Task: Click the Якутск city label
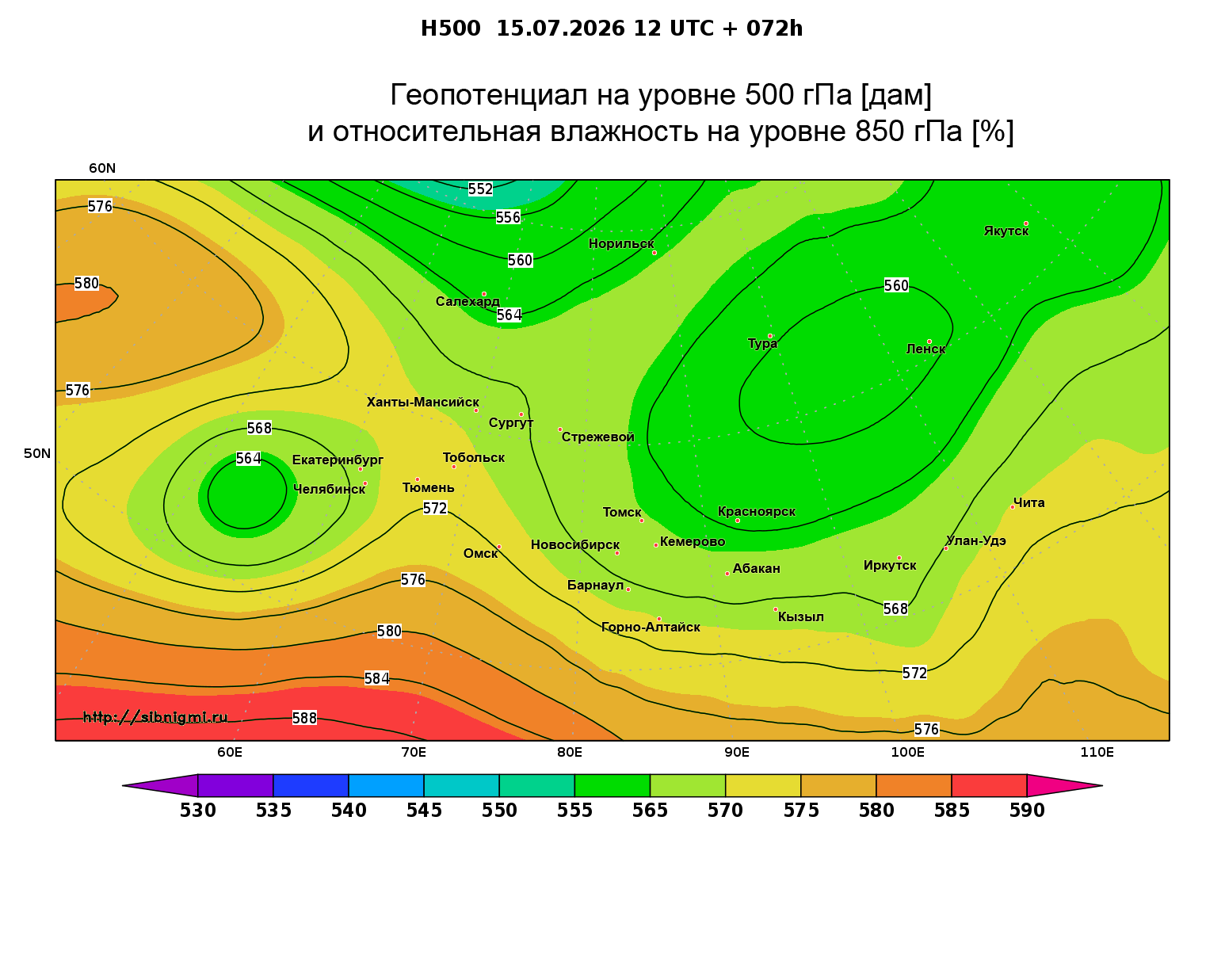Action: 1006,231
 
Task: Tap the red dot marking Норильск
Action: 654,253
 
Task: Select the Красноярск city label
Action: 756,511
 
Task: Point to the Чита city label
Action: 1028,502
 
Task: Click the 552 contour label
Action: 480,189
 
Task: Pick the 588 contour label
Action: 304,718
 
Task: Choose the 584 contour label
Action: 376,678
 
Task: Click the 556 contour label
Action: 508,218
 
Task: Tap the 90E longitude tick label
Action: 736,752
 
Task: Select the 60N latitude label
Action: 102,168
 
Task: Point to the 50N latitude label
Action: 37,453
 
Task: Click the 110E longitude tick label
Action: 1097,752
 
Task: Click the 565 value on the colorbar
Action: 650,811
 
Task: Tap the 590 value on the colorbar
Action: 1027,811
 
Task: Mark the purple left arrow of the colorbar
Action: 160,785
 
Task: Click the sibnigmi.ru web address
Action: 155,717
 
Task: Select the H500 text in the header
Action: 450,29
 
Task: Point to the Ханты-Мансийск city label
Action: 423,403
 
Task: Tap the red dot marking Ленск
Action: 929,342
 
